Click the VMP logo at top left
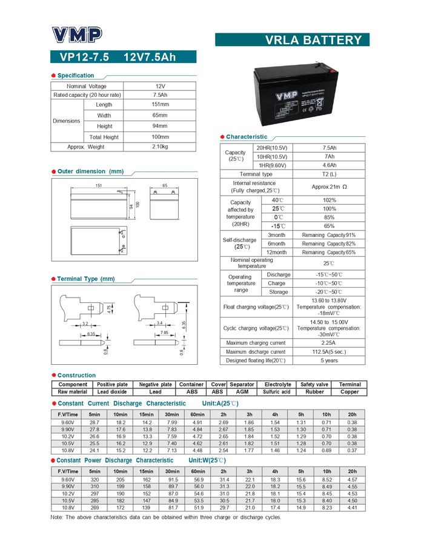click(x=78, y=35)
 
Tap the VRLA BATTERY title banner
click(x=291, y=41)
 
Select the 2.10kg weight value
click(x=159, y=147)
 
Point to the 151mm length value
click(x=159, y=104)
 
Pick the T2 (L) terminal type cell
click(x=329, y=174)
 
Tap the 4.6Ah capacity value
click(x=329, y=165)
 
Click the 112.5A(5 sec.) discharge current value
click(x=329, y=351)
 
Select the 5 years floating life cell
click(x=329, y=361)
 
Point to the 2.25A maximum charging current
click(x=329, y=343)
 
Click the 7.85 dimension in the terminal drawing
click(x=164, y=333)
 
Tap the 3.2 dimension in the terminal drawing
click(x=85, y=324)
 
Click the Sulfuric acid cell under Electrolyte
click(x=277, y=392)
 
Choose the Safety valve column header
click(x=314, y=384)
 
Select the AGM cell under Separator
click(x=242, y=392)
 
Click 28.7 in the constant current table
click(x=94, y=422)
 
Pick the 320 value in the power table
click(x=94, y=480)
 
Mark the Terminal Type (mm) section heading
click(x=85, y=279)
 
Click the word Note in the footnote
click(x=56, y=517)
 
